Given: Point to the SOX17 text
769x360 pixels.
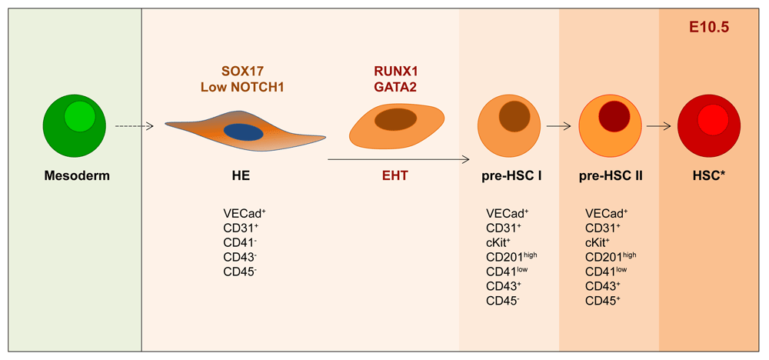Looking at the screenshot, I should (x=232, y=71).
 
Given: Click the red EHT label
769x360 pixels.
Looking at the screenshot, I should (x=395, y=176).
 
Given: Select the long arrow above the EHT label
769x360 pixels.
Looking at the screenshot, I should (x=398, y=160).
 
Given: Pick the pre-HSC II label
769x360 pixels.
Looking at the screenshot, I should (x=610, y=176).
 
